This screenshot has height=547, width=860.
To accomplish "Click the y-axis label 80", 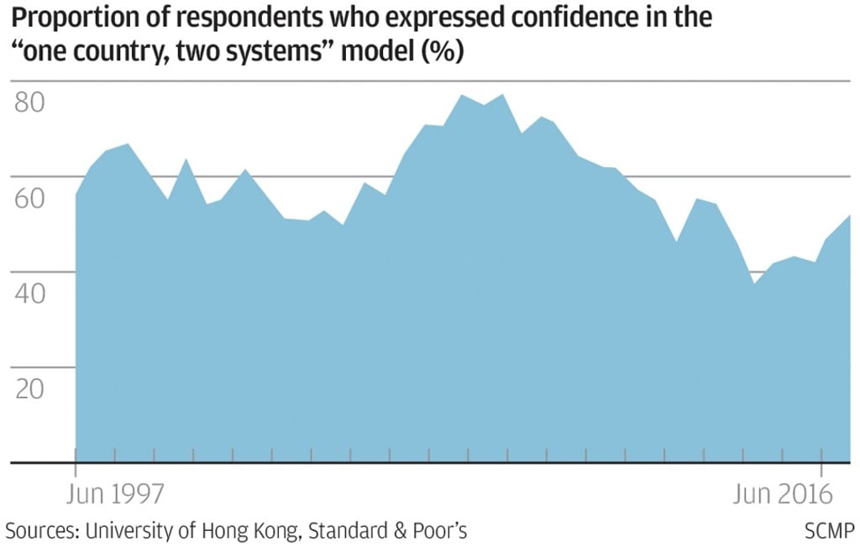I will [33, 103].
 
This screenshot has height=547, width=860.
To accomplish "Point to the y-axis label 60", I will [33, 199].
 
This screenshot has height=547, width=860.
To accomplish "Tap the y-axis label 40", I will [33, 295].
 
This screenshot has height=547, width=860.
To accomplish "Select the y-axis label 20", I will [33, 390].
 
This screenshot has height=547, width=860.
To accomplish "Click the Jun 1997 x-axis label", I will [115, 494].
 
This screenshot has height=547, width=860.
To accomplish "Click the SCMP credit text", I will [829, 531].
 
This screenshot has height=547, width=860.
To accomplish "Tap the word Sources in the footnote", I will [39, 531].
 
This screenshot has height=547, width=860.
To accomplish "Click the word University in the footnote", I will [127, 531].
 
